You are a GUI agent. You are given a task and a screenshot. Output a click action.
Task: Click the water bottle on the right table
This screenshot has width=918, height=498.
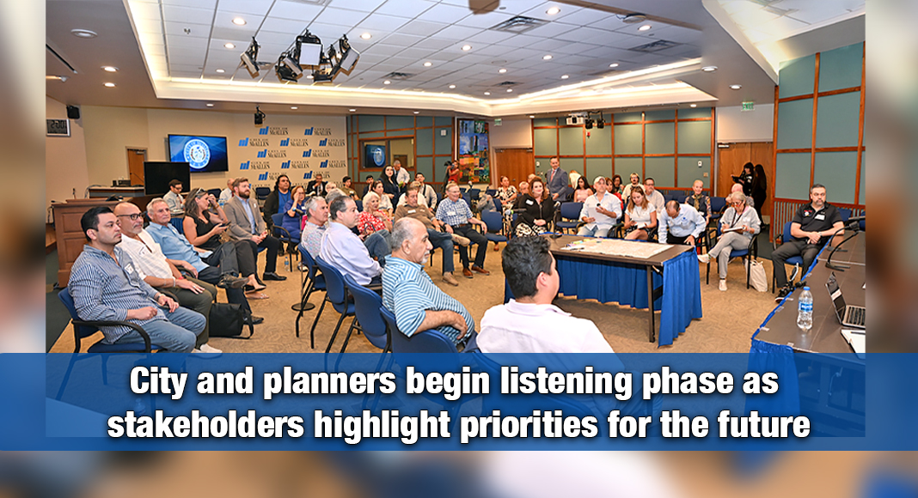(805, 309)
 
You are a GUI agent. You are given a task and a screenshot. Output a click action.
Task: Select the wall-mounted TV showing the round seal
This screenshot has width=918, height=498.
(198, 153)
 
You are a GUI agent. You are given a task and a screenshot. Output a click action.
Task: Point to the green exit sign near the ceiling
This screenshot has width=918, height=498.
(748, 106)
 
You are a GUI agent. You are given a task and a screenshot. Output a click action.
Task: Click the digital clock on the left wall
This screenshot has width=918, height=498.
(58, 126)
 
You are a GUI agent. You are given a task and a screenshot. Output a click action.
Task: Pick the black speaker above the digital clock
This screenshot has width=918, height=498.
(73, 112)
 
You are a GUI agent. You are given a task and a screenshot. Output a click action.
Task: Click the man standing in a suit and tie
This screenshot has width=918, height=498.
(558, 183)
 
